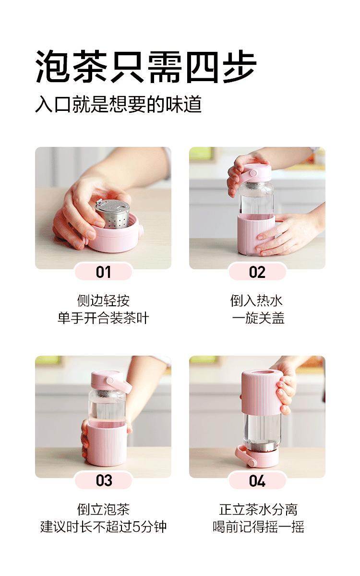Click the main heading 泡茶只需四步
point(146,67)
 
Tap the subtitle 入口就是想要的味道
point(118,104)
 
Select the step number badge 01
point(103,272)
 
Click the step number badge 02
point(257,272)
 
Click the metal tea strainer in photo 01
point(113,213)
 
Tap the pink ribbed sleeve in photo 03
point(107,445)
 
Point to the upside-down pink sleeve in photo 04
point(261,391)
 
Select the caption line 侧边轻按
point(103,300)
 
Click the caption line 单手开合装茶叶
point(103,318)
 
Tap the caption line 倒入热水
point(256,300)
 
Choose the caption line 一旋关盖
point(258,318)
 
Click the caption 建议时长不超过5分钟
point(103,527)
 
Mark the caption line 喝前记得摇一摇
point(258,527)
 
